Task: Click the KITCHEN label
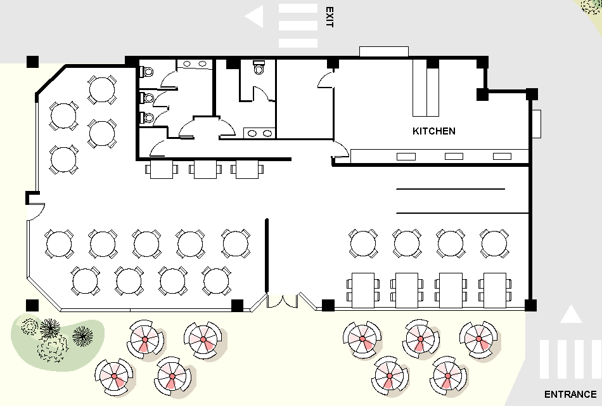point(434,131)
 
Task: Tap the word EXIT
point(329,17)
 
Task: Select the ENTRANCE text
point(570,394)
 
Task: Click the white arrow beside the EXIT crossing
point(255,16)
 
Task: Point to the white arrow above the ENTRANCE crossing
point(571,314)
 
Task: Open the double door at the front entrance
point(283,300)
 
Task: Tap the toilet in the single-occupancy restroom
point(258,68)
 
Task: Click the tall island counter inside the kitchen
point(426,89)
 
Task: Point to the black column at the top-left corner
point(32,62)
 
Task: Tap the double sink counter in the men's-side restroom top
point(194,63)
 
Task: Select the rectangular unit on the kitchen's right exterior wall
point(537,124)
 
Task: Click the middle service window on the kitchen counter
point(454,156)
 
